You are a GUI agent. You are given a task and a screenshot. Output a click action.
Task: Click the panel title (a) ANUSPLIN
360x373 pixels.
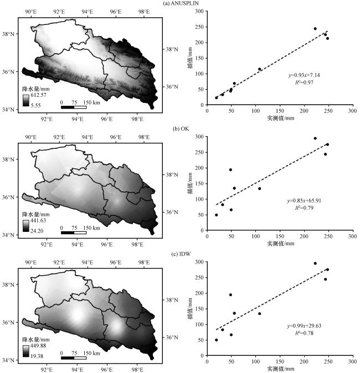pyautogui.click(x=181, y=3)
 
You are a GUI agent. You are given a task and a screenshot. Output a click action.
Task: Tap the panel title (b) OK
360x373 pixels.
pyautogui.click(x=181, y=129)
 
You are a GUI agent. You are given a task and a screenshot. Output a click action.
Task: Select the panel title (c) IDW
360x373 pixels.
pyautogui.click(x=181, y=254)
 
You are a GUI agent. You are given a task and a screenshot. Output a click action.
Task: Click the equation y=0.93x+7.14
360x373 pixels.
pyautogui.click(x=304, y=75)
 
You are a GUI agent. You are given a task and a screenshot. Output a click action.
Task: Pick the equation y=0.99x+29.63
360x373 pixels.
pyautogui.click(x=304, y=325)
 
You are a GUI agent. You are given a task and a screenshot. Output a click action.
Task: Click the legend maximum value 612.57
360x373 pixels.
pyautogui.click(x=38, y=95)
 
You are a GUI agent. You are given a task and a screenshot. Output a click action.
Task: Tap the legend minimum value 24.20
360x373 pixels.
pyautogui.click(x=37, y=231)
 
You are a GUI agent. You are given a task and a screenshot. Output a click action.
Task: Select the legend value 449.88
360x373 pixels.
pyautogui.click(x=38, y=345)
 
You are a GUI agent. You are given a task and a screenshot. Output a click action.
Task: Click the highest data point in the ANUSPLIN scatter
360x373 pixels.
pyautogui.click(x=315, y=29)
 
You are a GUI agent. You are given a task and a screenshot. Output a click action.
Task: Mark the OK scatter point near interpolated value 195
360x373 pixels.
pyautogui.click(x=230, y=169)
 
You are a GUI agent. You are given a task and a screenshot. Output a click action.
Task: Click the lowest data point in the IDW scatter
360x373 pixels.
pyautogui.click(x=217, y=340)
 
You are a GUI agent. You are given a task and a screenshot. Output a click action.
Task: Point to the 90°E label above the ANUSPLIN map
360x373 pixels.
pyautogui.click(x=30, y=12)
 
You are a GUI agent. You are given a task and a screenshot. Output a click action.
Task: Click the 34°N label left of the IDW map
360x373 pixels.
pyautogui.click(x=8, y=360)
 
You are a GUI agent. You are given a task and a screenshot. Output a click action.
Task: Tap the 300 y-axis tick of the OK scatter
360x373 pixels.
pyautogui.click(x=199, y=137)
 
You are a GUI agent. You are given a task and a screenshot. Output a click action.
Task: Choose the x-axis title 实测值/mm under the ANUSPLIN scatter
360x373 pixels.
pyautogui.click(x=280, y=118)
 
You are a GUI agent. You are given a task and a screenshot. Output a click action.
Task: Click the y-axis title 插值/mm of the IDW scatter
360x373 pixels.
pyautogui.click(x=190, y=309)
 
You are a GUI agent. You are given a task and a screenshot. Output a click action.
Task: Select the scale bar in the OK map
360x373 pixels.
pyautogui.click(x=74, y=232)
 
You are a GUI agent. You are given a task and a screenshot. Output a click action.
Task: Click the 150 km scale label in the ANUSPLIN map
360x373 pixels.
pyautogui.click(x=92, y=102)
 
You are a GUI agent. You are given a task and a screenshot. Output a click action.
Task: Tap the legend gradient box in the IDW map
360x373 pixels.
pyautogui.click(x=26, y=351)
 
